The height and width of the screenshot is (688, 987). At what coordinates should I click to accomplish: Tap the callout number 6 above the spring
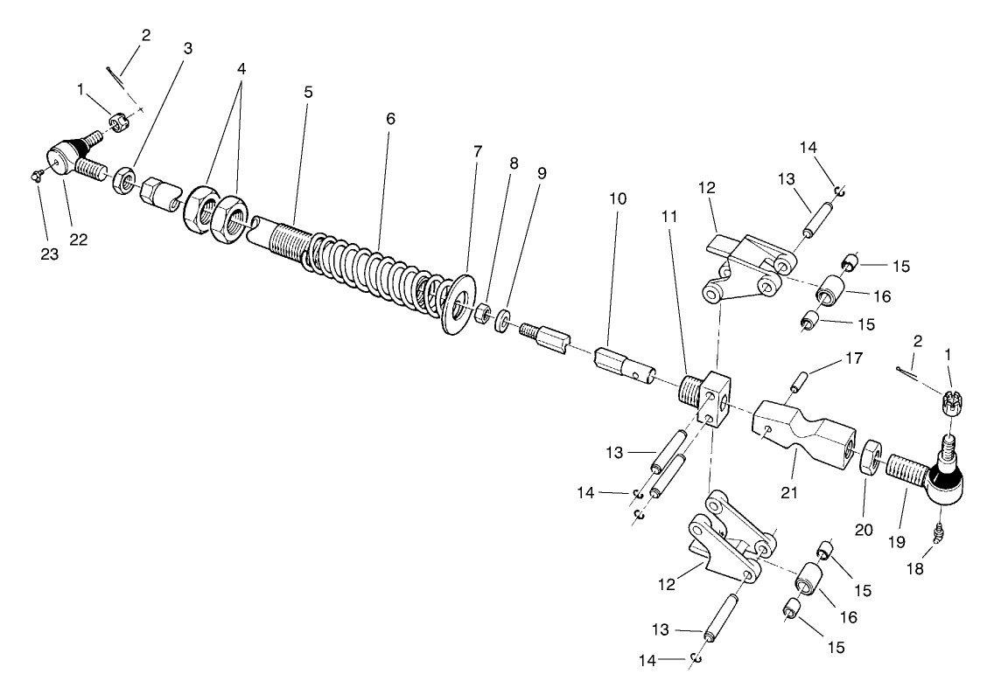(390, 117)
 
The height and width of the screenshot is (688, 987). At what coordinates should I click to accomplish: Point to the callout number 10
(618, 198)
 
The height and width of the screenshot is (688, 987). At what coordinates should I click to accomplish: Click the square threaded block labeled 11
(708, 394)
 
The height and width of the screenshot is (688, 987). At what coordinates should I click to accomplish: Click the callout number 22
(79, 240)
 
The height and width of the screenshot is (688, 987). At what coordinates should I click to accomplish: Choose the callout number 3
(186, 49)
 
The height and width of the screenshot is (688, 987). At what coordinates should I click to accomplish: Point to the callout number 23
(49, 254)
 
